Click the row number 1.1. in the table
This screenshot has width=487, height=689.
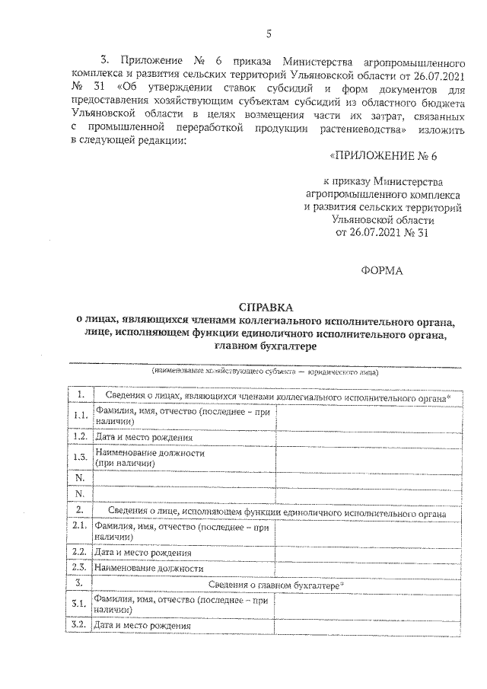(x=78, y=416)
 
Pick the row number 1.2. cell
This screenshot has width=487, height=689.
(x=78, y=438)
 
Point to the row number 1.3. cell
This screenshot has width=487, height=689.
(x=78, y=458)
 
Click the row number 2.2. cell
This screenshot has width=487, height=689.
(x=78, y=552)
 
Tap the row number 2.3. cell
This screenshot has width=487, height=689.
(x=78, y=568)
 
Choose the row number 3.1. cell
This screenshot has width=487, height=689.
(x=78, y=604)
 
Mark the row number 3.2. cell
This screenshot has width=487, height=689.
(x=78, y=626)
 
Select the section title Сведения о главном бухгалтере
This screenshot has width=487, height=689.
(x=275, y=584)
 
